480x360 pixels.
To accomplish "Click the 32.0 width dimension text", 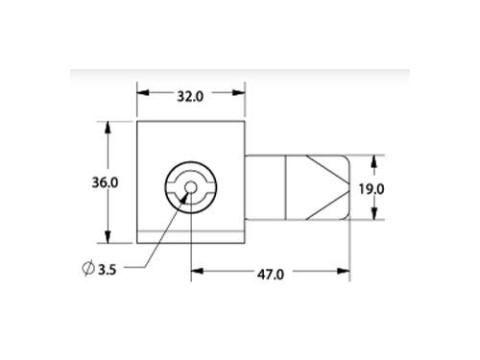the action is click(x=190, y=96).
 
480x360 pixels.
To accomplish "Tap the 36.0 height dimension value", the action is click(x=105, y=182).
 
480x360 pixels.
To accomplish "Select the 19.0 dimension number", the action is click(x=372, y=189).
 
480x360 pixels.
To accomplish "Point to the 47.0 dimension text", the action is click(x=271, y=275).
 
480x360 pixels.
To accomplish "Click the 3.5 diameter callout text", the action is click(x=107, y=270).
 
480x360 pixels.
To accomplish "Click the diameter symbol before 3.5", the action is click(x=88, y=269).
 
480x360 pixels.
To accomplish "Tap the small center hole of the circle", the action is click(x=191, y=187).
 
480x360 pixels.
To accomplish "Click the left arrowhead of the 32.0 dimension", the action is click(x=143, y=93).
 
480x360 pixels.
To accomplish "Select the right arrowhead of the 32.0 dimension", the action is click(x=239, y=93).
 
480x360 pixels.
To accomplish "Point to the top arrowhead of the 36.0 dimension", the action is click(x=108, y=127).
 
